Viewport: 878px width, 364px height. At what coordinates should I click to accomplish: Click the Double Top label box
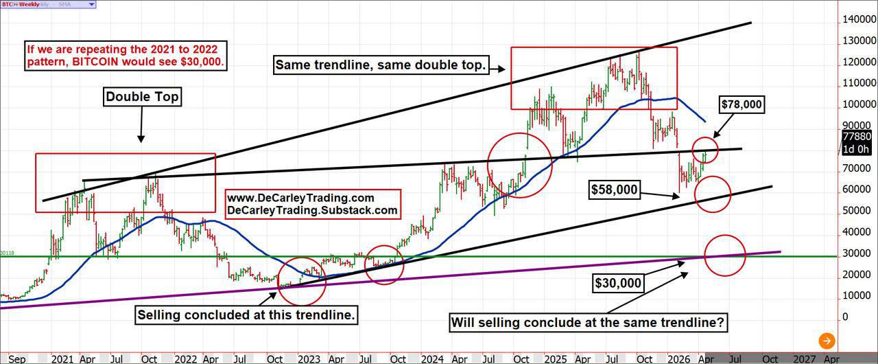(x=142, y=97)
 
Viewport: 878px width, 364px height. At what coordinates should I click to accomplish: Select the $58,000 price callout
(x=615, y=190)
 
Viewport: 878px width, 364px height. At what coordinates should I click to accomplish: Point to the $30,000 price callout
(x=619, y=283)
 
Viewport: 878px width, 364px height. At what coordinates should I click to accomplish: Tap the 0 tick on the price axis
(x=846, y=317)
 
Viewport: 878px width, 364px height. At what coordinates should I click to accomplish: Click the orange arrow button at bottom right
(x=827, y=341)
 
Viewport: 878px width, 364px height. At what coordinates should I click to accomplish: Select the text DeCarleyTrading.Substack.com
(x=312, y=211)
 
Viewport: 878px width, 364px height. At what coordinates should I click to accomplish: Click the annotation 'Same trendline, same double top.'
(x=381, y=66)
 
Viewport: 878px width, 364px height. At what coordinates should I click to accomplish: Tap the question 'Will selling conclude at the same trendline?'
(x=589, y=321)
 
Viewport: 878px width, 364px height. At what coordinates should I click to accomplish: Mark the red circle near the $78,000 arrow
(x=705, y=150)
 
